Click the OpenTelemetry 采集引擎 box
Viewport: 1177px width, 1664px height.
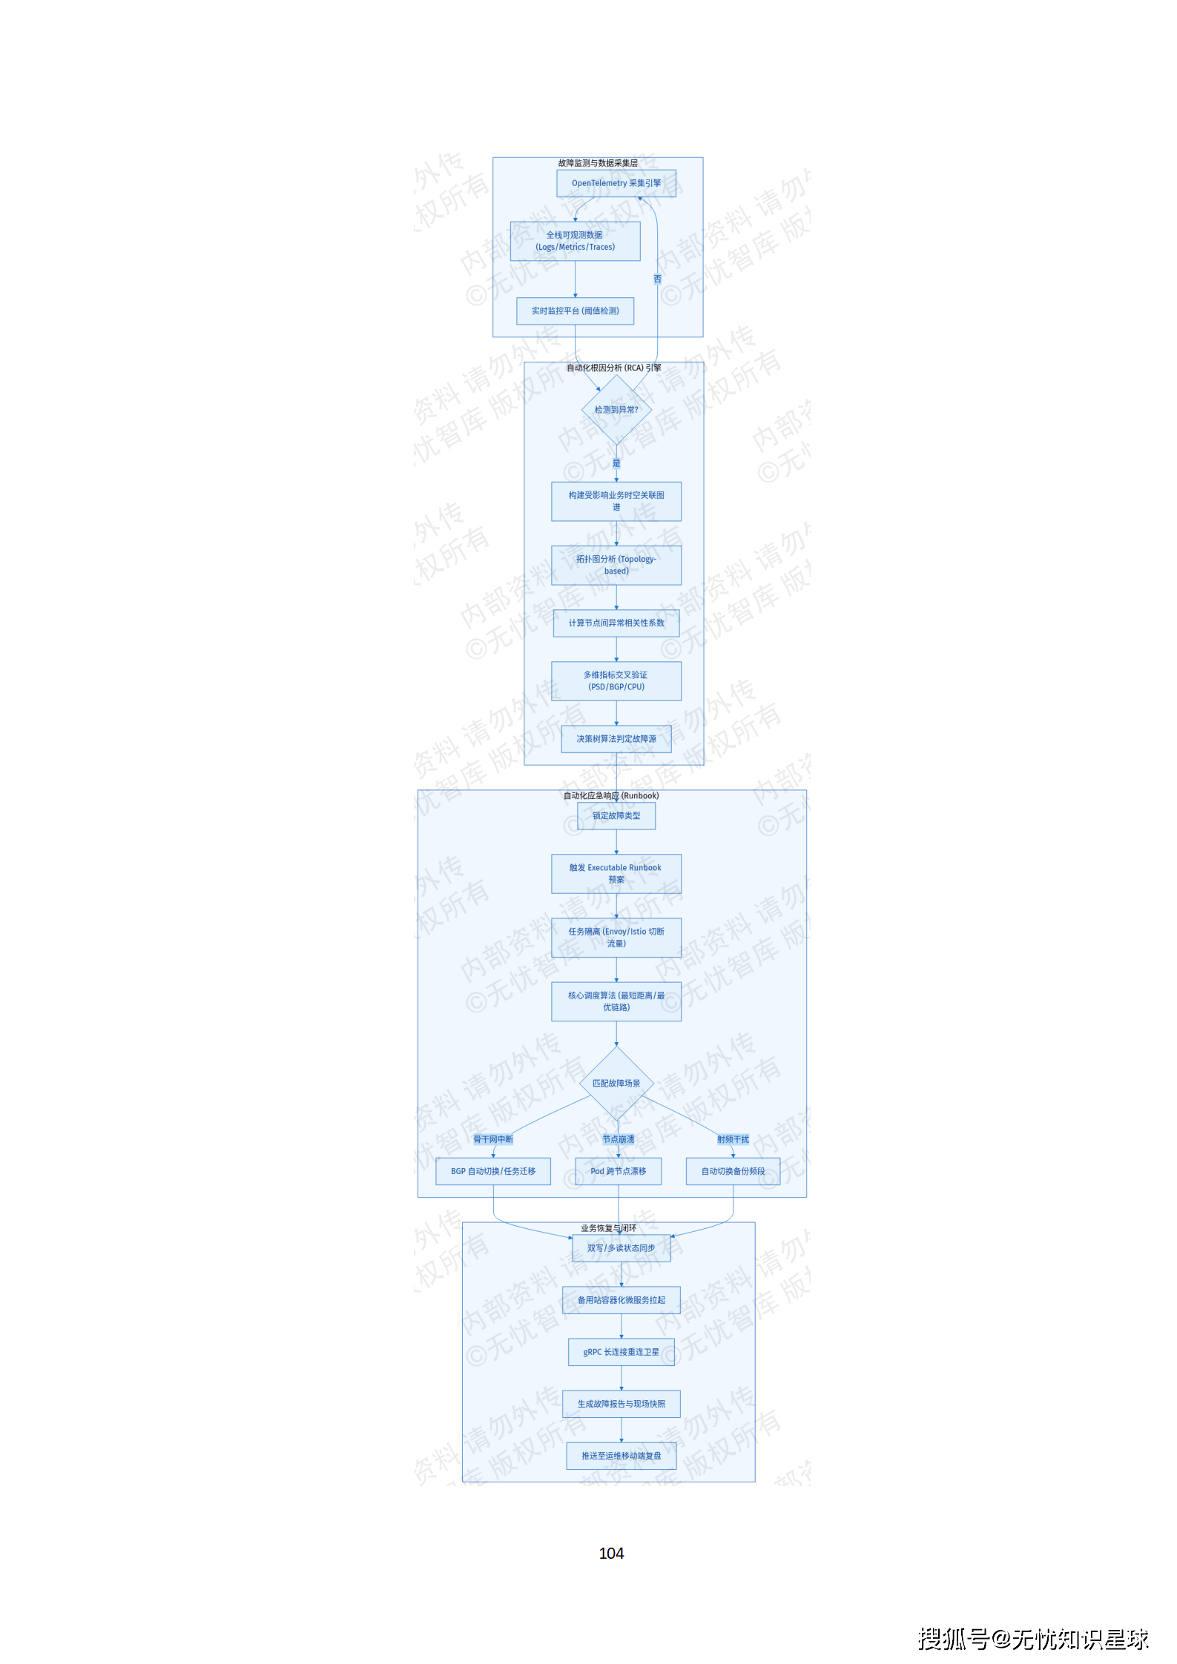pyautogui.click(x=616, y=183)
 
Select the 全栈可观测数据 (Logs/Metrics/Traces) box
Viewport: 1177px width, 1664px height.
pyautogui.click(x=575, y=241)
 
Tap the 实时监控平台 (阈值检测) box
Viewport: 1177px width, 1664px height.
pyautogui.click(x=575, y=311)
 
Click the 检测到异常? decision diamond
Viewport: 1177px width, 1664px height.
pyautogui.click(x=616, y=410)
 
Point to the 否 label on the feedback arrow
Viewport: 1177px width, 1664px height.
pyautogui.click(x=657, y=279)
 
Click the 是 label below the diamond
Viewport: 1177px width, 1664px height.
pyautogui.click(x=616, y=463)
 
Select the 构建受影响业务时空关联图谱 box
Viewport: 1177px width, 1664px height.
pyautogui.click(x=616, y=501)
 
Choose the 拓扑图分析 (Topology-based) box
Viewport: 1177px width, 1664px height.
pyautogui.click(x=616, y=565)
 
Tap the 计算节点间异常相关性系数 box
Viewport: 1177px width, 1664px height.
pyautogui.click(x=616, y=623)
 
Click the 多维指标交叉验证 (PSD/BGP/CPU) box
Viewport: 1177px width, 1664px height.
pyautogui.click(x=616, y=680)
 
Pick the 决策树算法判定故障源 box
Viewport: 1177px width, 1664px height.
pyautogui.click(x=616, y=739)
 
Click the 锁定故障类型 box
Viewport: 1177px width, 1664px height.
pyautogui.click(x=616, y=816)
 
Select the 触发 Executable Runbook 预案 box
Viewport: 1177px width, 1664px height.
pyautogui.click(x=616, y=873)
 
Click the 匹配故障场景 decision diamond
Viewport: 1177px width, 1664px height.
pyautogui.click(x=616, y=1084)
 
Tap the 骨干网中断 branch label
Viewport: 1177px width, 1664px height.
pyautogui.click(x=493, y=1139)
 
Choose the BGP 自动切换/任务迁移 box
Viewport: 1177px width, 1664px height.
pyautogui.click(x=493, y=1171)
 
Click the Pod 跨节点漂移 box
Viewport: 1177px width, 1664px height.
pyautogui.click(x=618, y=1171)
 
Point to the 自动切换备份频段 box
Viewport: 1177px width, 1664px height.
pyautogui.click(x=733, y=1171)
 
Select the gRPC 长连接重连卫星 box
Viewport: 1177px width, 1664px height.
pyautogui.click(x=621, y=1352)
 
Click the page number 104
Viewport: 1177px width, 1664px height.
pyautogui.click(x=611, y=1553)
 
